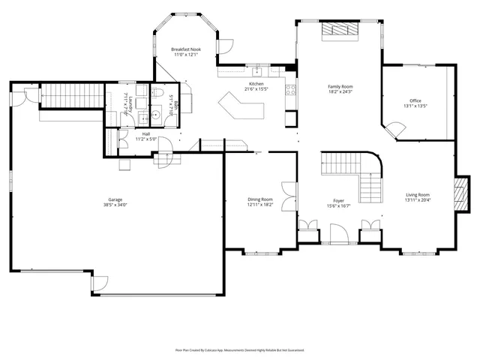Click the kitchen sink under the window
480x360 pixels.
pyautogui.click(x=255, y=71)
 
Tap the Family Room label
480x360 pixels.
pyautogui.click(x=340, y=86)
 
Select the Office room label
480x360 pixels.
pyautogui.click(x=415, y=100)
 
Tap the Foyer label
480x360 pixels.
pyautogui.click(x=339, y=201)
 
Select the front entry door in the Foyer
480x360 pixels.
pyautogui.click(x=339, y=237)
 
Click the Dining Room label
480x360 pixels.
pyautogui.click(x=260, y=199)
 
